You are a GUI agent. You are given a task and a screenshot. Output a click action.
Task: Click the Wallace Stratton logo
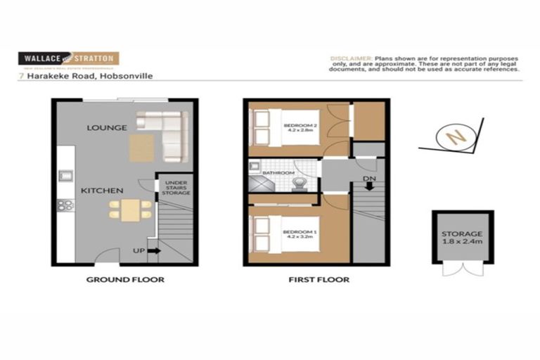68,58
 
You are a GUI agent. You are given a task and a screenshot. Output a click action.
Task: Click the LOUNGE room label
106,128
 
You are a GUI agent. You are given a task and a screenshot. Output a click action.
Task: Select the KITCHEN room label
102,191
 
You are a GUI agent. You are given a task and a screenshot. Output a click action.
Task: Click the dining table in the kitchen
130,209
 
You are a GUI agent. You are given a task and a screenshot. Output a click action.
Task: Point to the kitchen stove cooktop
65,205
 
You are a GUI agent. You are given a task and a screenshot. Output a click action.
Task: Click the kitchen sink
65,175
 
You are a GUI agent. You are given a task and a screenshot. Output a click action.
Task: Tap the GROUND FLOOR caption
125,280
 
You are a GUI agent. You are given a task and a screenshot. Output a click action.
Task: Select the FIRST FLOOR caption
319,280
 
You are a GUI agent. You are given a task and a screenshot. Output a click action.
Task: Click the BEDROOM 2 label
300,128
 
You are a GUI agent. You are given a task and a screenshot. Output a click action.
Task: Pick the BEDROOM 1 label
300,233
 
